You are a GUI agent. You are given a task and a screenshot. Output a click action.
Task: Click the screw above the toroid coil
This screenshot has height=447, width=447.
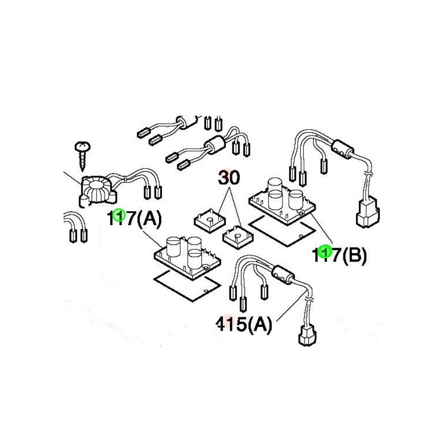82,156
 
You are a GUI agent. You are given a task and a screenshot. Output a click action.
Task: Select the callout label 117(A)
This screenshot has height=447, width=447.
134,219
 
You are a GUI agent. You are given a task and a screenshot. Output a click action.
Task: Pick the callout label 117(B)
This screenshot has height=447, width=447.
340,255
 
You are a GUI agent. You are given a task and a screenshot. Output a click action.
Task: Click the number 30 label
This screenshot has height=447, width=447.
229,178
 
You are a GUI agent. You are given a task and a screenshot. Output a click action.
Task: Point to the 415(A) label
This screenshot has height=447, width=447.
244,324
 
